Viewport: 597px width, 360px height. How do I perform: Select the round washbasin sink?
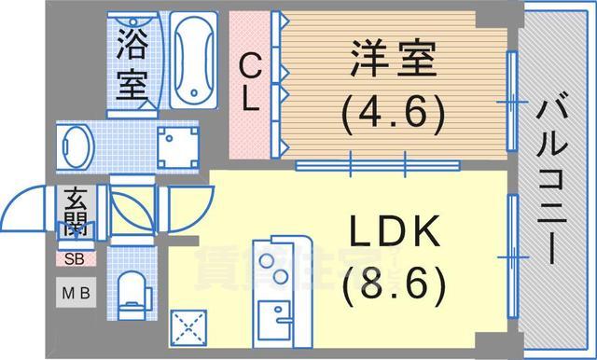[x=76, y=146]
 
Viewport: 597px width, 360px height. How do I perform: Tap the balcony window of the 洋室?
[x=511, y=101]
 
